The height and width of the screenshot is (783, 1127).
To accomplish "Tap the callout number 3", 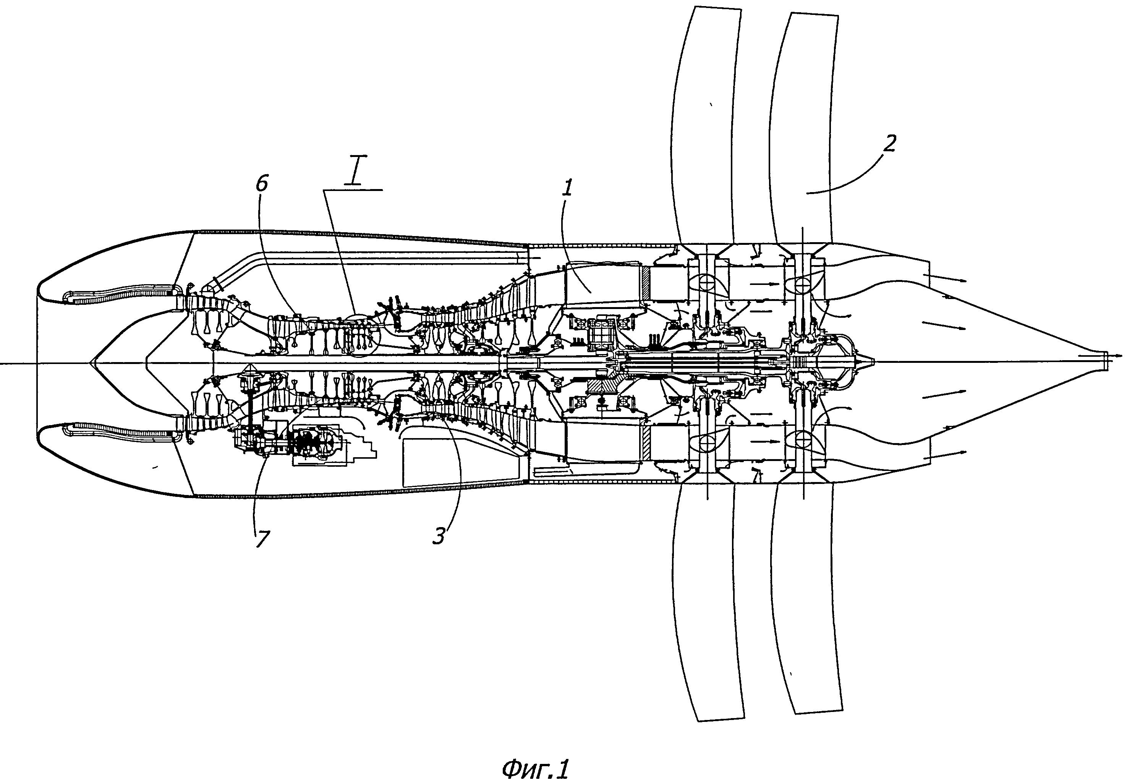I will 438,536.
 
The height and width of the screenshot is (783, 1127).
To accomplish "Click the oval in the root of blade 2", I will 803,283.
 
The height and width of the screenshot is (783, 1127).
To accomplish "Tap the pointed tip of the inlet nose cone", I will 92,363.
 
